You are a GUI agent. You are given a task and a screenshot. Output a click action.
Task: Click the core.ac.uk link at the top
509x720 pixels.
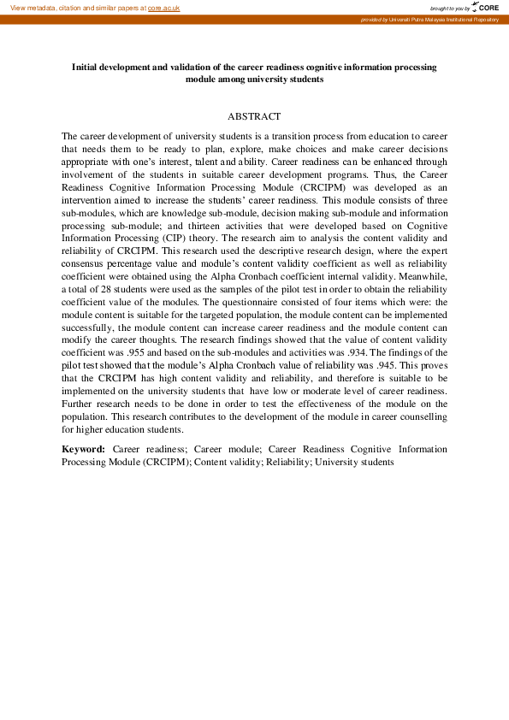163,7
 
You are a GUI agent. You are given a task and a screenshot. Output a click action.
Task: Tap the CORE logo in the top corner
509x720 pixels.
488,7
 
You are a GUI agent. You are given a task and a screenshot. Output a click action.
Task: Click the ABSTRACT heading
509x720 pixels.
254,115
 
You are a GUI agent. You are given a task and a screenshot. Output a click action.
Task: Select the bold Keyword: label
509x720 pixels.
83,448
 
